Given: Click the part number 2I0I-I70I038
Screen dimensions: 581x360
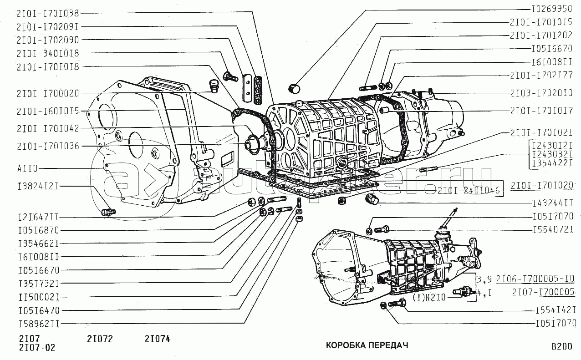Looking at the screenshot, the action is click(x=48, y=13).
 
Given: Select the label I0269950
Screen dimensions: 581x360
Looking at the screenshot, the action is click(x=552, y=9).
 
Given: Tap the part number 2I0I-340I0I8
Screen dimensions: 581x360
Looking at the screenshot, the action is click(x=48, y=53).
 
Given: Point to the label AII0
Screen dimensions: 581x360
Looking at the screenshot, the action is click(x=27, y=168).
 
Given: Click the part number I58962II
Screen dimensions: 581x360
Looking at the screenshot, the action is click(x=39, y=324).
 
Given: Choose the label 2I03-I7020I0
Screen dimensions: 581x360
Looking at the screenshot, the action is click(x=541, y=93).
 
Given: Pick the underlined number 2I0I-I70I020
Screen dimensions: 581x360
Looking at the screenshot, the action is click(x=542, y=186).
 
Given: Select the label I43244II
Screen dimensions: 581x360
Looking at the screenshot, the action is click(x=553, y=203).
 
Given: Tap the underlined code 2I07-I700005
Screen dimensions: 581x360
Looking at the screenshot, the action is click(x=543, y=292).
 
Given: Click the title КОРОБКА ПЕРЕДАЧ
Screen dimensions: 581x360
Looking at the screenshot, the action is click(x=367, y=345).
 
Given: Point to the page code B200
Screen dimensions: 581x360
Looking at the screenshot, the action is click(x=562, y=346).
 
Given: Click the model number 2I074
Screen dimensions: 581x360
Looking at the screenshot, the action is click(x=157, y=339).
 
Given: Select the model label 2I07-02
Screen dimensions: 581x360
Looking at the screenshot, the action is click(x=37, y=348).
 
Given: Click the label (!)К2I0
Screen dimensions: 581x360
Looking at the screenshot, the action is click(x=429, y=297).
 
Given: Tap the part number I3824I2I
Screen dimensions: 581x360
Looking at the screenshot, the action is click(x=38, y=186).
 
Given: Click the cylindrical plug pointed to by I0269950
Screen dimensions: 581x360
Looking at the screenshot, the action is click(x=294, y=89).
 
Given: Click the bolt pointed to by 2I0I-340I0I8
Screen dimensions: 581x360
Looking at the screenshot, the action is click(x=230, y=76).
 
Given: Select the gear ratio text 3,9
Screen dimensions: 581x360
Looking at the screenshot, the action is click(x=484, y=279).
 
